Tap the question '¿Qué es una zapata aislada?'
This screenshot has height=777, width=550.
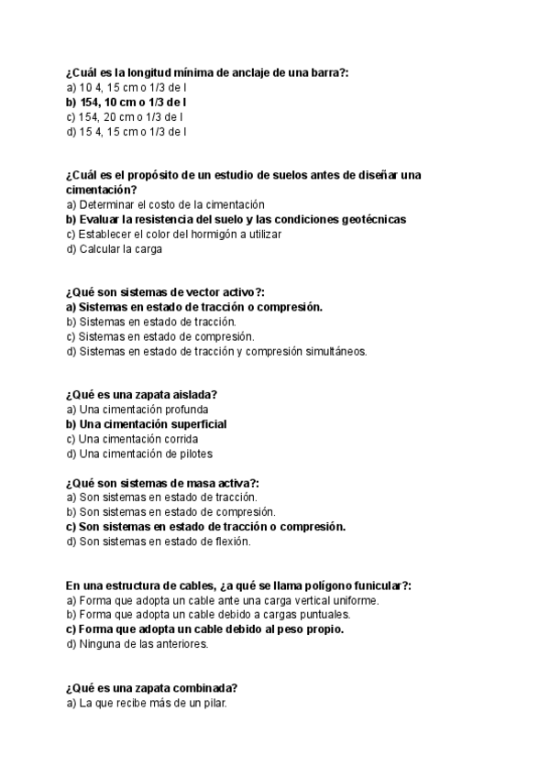[141, 395]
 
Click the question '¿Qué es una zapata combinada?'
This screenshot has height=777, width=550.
[152, 688]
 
